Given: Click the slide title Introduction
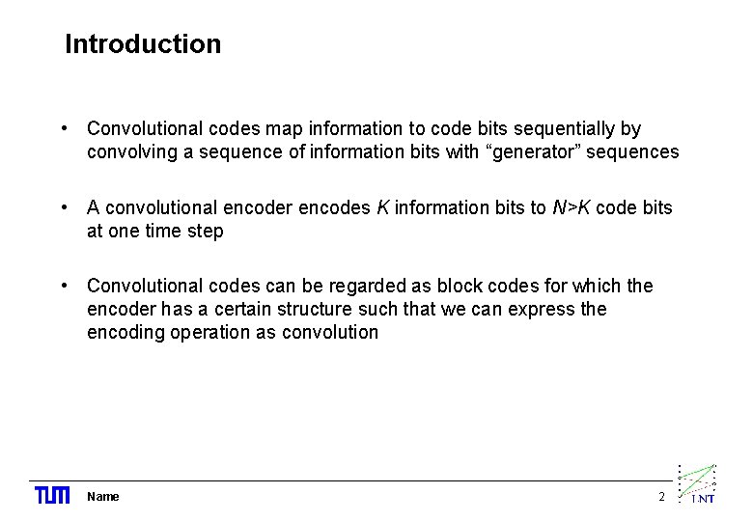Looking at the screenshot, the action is click(143, 44).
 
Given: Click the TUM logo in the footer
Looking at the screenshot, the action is click(52, 496).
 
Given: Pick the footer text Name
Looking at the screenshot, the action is click(103, 497).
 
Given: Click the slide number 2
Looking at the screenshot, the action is click(661, 497).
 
